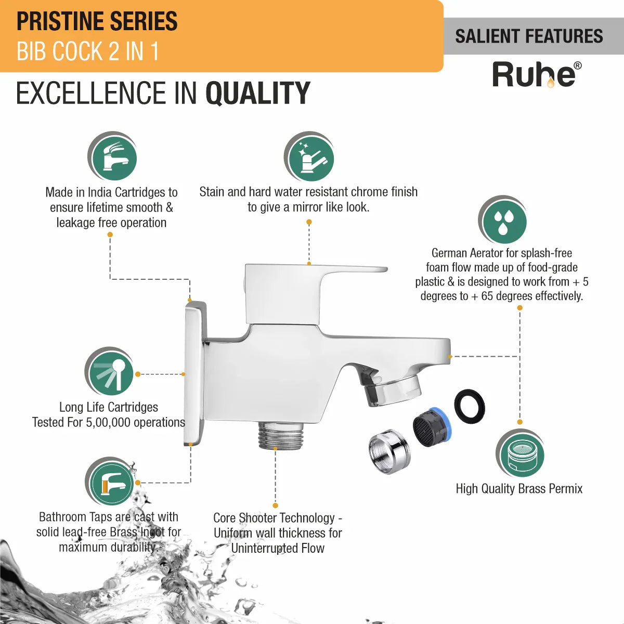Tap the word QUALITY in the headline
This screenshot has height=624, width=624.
[258, 93]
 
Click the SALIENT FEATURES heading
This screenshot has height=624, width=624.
[529, 36]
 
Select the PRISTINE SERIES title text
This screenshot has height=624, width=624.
[97, 21]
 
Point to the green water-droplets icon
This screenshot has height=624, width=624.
[503, 220]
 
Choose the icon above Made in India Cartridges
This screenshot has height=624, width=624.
[112, 157]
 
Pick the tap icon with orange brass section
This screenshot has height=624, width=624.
[110, 483]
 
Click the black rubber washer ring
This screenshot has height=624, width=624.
[470, 406]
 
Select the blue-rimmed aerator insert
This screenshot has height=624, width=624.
[433, 427]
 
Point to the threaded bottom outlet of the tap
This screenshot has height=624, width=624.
[281, 435]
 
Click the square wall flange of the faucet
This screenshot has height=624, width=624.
[196, 373]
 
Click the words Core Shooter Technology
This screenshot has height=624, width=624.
[274, 518]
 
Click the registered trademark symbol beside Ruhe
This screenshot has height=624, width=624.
[577, 66]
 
